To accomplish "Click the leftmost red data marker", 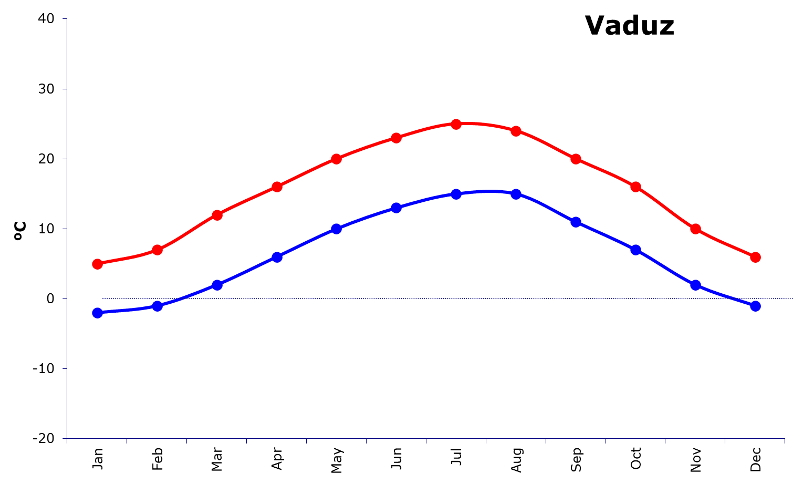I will (x=97, y=264).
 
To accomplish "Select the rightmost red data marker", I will (x=755, y=257).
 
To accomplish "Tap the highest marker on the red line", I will (x=456, y=124).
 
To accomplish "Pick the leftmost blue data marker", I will (x=97, y=313).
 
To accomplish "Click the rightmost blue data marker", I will (x=755, y=306).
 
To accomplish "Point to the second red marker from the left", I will (x=157, y=250).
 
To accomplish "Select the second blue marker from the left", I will (x=157, y=306).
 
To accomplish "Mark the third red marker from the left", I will (x=217, y=215).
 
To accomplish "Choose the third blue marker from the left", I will (x=217, y=285).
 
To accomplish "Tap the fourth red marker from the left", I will (x=277, y=187).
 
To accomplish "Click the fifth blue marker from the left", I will (x=337, y=229).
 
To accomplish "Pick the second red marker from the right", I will (x=695, y=229).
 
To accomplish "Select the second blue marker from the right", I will (x=695, y=285).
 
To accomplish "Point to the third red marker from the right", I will (x=635, y=187).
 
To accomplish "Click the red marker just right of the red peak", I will (x=516, y=131).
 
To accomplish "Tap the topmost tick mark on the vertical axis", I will (x=65, y=19).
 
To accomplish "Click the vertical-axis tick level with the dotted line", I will (x=65, y=298).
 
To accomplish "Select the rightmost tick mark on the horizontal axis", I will (x=785, y=441).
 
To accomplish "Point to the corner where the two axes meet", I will (x=67, y=438).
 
